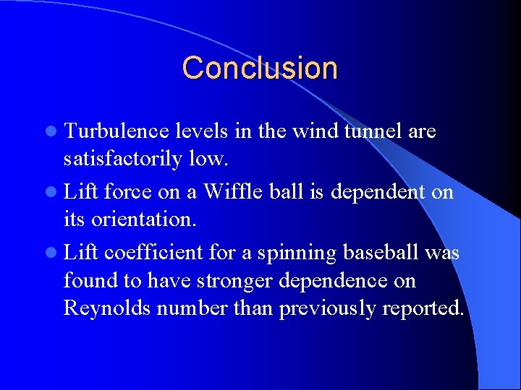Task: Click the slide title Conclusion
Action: pyautogui.click(x=260, y=68)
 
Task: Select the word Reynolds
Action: pyautogui.click(x=107, y=308)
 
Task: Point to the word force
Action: pyautogui.click(x=127, y=192)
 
